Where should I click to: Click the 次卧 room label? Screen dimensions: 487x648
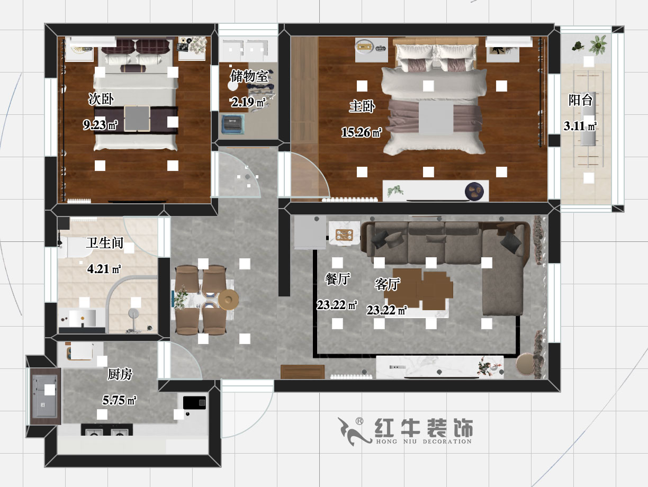click(101, 99)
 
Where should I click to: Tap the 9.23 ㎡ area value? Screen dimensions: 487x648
click(100, 125)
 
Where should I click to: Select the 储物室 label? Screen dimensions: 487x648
click(249, 76)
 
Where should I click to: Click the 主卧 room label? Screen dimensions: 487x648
click(362, 107)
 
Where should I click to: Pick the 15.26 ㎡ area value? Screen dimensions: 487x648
click(362, 133)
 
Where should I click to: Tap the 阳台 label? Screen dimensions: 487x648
click(580, 100)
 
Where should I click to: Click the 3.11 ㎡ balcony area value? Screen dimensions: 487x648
click(580, 127)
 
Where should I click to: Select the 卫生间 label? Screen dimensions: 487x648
click(105, 243)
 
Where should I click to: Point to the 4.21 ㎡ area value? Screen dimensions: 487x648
click(104, 269)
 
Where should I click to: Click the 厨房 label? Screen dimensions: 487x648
click(120, 375)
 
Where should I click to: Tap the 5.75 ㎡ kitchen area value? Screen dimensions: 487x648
click(120, 401)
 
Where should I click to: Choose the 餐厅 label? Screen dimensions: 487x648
click(337, 279)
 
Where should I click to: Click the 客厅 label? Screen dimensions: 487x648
click(387, 284)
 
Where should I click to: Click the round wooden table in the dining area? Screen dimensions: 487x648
click(229, 300)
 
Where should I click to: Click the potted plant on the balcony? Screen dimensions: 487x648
click(598, 45)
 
